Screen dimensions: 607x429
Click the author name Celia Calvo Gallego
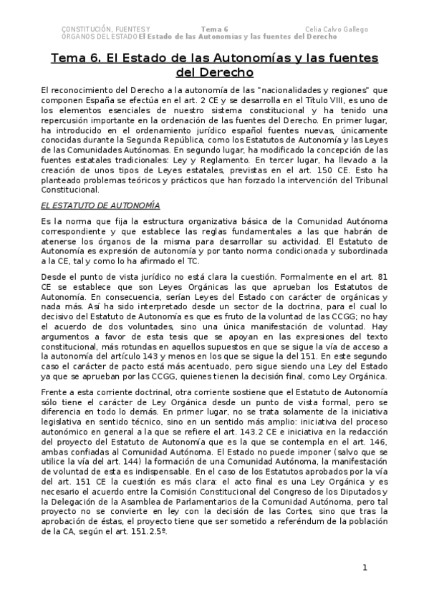point(336,29)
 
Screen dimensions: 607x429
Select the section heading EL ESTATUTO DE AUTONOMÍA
point(100,205)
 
